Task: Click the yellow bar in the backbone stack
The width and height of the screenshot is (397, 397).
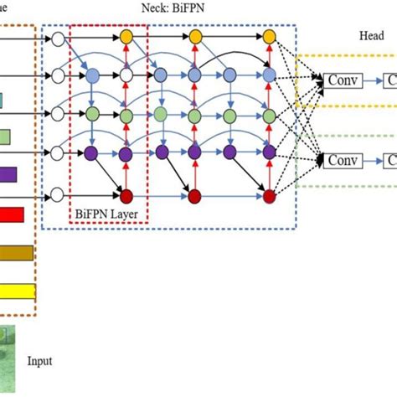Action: point(18,291)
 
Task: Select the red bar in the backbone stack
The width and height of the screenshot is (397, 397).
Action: point(12,215)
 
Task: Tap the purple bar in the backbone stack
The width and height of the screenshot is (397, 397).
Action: point(8,175)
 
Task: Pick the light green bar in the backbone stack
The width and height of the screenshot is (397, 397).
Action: point(5,137)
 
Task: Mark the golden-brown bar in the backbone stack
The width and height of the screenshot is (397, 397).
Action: point(17,253)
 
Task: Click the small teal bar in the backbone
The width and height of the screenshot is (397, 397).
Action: point(2,101)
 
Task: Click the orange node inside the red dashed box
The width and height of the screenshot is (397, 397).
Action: point(126,38)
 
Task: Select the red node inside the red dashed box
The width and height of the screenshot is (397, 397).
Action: point(126,196)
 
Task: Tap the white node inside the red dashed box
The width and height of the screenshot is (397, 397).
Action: point(126,76)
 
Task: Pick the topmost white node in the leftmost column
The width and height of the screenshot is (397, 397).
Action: point(58,39)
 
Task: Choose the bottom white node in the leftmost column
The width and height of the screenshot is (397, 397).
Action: point(58,195)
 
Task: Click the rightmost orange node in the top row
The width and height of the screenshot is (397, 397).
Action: point(269,38)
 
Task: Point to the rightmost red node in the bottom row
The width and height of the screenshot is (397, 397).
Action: point(269,196)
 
